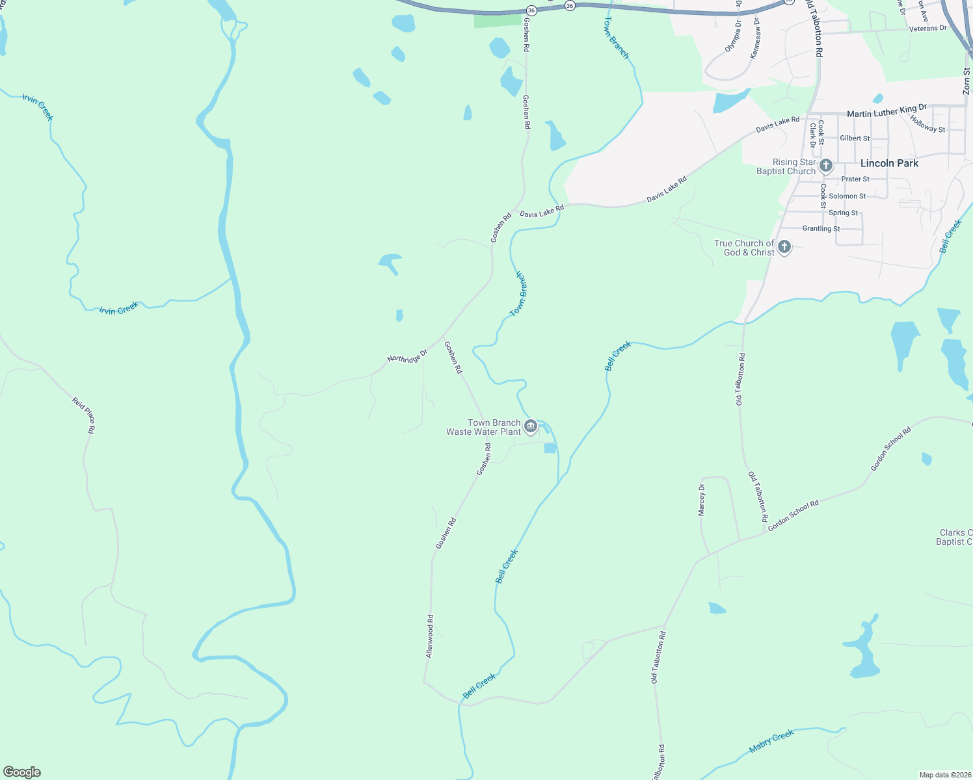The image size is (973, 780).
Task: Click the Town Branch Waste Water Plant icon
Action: point(531,426)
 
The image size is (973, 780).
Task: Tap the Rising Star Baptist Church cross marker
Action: point(826,166)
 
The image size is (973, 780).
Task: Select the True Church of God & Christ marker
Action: point(784,247)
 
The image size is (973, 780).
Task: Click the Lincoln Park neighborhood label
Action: point(889,163)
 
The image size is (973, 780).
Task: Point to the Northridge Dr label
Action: point(407,356)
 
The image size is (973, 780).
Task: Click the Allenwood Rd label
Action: point(429,636)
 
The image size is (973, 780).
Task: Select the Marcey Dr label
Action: point(702,500)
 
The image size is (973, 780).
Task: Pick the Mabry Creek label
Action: point(771,741)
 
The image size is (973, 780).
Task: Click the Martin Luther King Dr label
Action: point(886,111)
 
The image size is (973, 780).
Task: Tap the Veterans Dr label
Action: point(928,29)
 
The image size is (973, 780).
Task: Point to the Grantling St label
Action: point(821,229)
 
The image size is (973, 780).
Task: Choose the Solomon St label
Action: point(847,196)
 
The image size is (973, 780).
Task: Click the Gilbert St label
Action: point(855,138)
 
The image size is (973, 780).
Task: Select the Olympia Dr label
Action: point(733,36)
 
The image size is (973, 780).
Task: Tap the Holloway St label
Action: point(927,124)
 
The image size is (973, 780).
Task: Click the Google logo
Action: point(22,772)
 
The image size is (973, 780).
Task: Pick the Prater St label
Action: point(855,179)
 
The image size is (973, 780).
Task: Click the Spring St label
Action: point(843,213)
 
